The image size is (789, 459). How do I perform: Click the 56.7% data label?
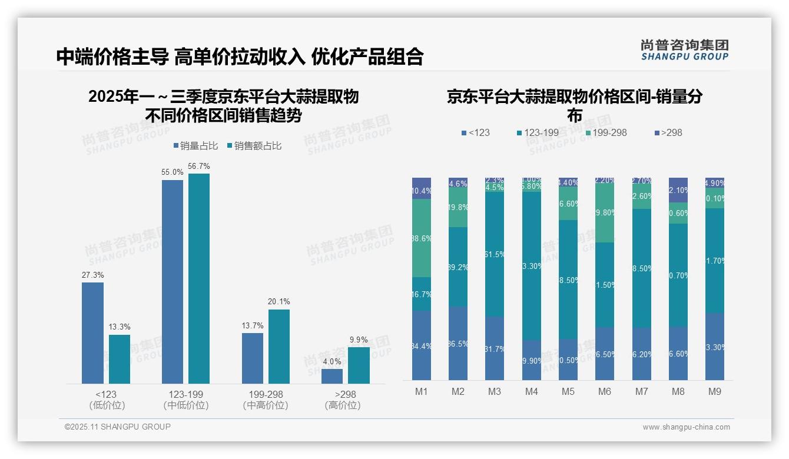pos(198,167)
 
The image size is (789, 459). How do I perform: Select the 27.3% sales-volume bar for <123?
pos(92,333)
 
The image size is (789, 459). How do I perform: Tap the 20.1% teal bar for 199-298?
pos(279,347)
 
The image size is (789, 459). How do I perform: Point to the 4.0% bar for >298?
pos(332,376)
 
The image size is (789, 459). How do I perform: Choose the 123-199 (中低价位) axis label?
pos(186,400)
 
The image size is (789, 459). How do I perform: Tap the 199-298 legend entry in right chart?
pos(605,132)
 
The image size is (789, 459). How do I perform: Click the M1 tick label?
pos(422,391)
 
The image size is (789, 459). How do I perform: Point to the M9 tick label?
pos(714,391)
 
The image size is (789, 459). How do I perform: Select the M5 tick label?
pos(568,391)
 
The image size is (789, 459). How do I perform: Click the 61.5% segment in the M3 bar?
pos(495,254)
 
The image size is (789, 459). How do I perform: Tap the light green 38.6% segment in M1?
pos(422,238)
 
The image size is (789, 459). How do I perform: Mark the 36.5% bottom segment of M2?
pos(458,343)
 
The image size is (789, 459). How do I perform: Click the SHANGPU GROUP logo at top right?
pos(685,50)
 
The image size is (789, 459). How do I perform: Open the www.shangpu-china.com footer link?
pos(686,427)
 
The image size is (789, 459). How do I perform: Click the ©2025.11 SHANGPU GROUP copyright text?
pos(118,427)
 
